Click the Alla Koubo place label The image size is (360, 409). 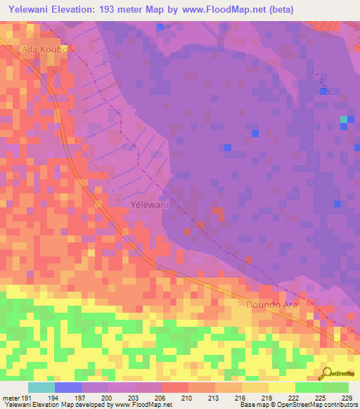tap(44, 51)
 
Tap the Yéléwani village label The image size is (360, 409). tap(150, 204)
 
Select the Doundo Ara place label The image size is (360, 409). tap(272, 304)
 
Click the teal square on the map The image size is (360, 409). tap(344, 120)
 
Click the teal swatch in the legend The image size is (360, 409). tap(41, 387)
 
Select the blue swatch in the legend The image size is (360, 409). tap(68, 387)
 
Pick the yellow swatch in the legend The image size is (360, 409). tap(281, 387)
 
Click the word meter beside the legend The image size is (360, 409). tap(10, 398)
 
